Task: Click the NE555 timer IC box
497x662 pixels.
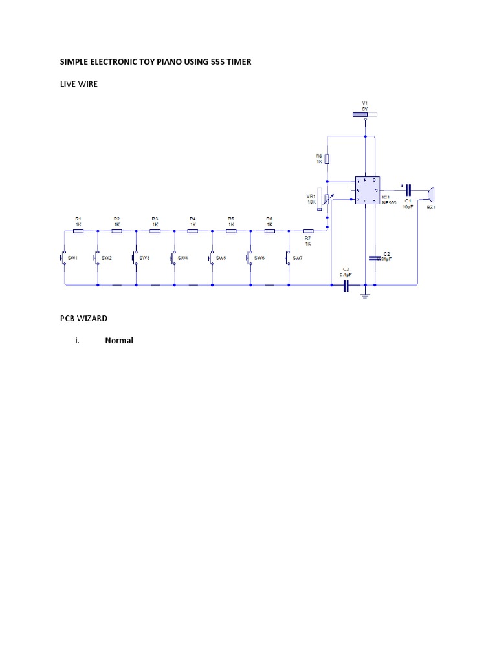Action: click(x=366, y=191)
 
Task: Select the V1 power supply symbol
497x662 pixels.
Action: click(x=360, y=115)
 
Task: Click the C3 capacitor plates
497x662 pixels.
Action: click(x=346, y=284)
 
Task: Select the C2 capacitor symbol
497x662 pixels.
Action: click(x=373, y=258)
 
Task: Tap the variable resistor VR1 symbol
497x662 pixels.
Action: click(x=327, y=200)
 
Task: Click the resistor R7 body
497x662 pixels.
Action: click(x=308, y=230)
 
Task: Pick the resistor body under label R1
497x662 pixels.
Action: click(x=78, y=230)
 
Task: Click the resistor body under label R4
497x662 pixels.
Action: click(x=193, y=230)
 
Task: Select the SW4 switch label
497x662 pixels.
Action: click(x=182, y=258)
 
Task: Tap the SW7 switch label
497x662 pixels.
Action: click(x=298, y=258)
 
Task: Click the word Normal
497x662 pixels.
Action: click(x=119, y=341)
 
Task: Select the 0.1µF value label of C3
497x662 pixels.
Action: click(x=346, y=274)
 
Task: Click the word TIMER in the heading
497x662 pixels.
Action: click(x=237, y=62)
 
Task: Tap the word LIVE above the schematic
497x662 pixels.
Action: click(x=69, y=84)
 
